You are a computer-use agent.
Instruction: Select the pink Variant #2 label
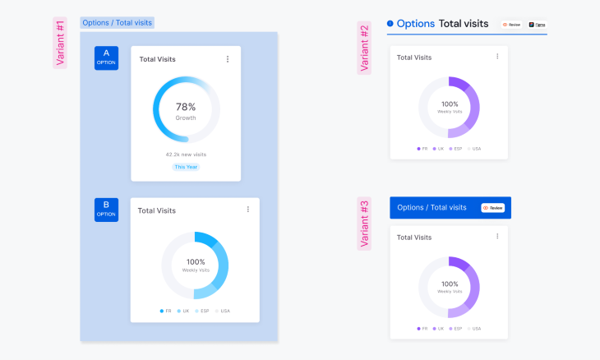tap(364, 48)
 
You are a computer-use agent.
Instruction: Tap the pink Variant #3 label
tap(364, 223)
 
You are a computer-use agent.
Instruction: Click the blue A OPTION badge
tap(106, 58)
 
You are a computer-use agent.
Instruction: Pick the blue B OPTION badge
tap(106, 209)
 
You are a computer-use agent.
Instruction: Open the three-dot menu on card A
tap(228, 59)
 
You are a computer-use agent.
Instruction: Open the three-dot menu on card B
tap(247, 210)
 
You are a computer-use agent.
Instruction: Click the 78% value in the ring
tap(186, 107)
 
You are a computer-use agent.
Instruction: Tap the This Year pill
tap(186, 167)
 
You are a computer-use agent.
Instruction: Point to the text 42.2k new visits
tap(186, 154)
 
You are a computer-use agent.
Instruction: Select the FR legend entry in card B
tap(165, 311)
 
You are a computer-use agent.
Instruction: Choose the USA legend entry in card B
tap(222, 311)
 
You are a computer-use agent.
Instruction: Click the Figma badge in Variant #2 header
tap(537, 25)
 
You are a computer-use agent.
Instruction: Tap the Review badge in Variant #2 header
tap(511, 25)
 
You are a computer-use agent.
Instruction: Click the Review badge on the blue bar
tap(492, 208)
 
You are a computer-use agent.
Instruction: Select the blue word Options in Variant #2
tap(415, 24)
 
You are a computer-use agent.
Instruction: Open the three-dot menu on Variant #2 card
tap(496, 57)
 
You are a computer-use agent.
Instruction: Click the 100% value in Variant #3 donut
tap(449, 284)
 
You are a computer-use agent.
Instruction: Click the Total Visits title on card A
tap(157, 59)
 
